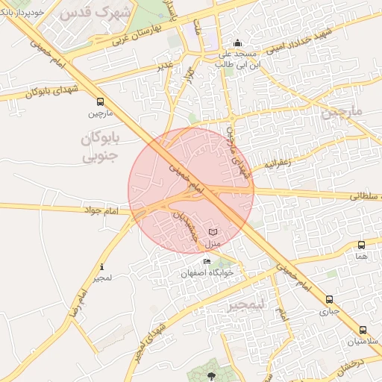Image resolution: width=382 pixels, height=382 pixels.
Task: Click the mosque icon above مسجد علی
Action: [x=237, y=43]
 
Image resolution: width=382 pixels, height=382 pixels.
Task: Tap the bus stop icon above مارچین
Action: [x=100, y=102]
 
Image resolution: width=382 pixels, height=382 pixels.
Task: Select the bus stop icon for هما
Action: [x=362, y=245]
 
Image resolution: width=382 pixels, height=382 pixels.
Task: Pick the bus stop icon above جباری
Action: [x=329, y=298]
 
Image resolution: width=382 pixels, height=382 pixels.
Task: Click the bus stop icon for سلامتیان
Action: [x=363, y=330]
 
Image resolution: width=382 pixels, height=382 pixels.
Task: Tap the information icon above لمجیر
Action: [x=102, y=266]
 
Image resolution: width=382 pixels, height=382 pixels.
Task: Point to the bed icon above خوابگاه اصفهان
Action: [x=207, y=261]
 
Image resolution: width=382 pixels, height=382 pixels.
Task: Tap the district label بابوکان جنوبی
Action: [x=100, y=147]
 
